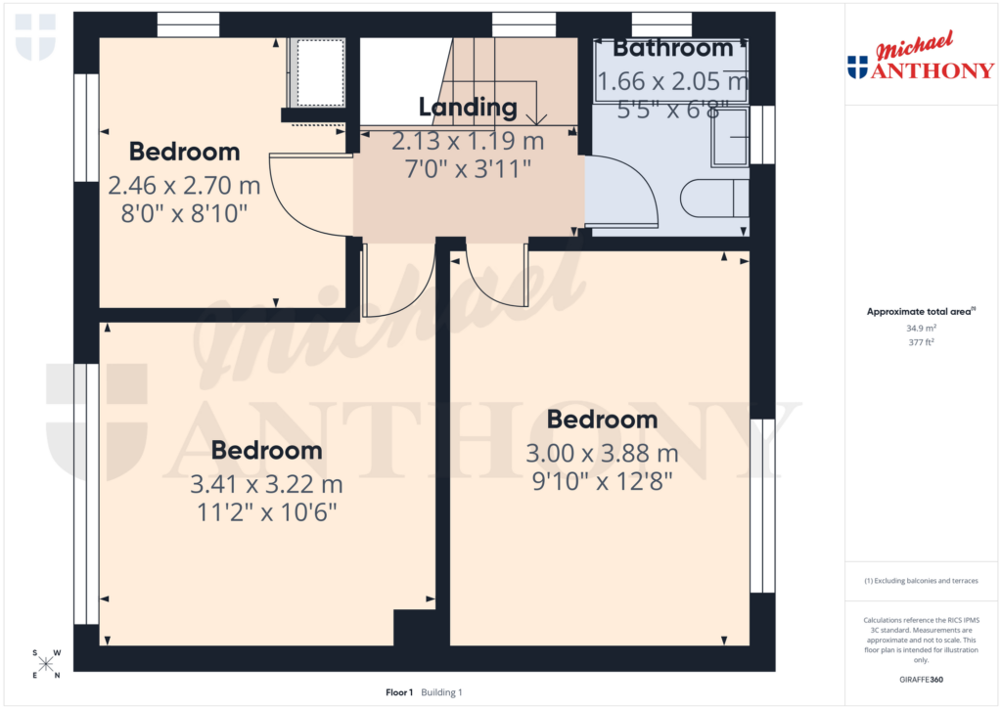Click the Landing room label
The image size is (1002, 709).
point(467,108)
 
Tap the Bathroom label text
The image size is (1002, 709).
point(672,48)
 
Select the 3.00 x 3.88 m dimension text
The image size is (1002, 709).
point(602,454)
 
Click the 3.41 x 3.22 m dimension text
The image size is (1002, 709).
point(267,484)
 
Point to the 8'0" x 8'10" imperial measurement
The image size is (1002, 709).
point(184,212)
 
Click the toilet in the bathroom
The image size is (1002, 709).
point(714,199)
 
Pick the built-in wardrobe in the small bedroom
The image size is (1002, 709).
point(319,72)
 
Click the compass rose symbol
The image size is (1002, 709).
point(46,664)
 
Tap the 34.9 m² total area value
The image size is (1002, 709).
point(920,329)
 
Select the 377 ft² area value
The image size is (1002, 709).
point(920,342)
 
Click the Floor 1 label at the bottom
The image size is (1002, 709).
point(400,692)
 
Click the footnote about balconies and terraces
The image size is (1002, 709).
point(920,581)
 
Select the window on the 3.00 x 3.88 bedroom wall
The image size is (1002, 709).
point(762,506)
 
